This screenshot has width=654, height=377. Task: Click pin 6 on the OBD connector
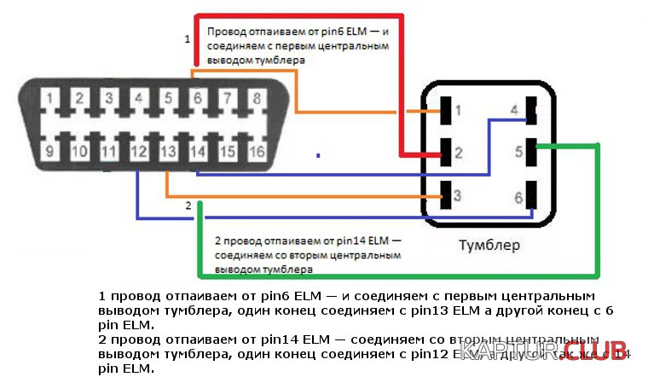[x=198, y=99]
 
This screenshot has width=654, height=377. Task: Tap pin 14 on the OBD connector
[x=198, y=152]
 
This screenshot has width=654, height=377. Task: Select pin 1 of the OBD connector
[x=50, y=99]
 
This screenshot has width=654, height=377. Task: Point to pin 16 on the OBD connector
[x=256, y=152]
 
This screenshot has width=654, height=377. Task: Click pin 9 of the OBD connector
[x=50, y=152]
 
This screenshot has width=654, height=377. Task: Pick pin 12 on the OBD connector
[x=138, y=152]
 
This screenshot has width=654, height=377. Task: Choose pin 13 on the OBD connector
[x=168, y=152]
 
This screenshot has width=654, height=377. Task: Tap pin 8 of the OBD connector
[x=256, y=99]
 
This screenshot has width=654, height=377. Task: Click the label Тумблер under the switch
[x=489, y=245]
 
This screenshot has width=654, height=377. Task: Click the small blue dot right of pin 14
[x=318, y=155]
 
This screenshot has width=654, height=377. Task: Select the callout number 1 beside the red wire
[x=188, y=39]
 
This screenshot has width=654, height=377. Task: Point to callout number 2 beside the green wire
[x=188, y=206]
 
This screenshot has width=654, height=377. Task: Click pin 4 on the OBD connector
[x=138, y=99]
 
